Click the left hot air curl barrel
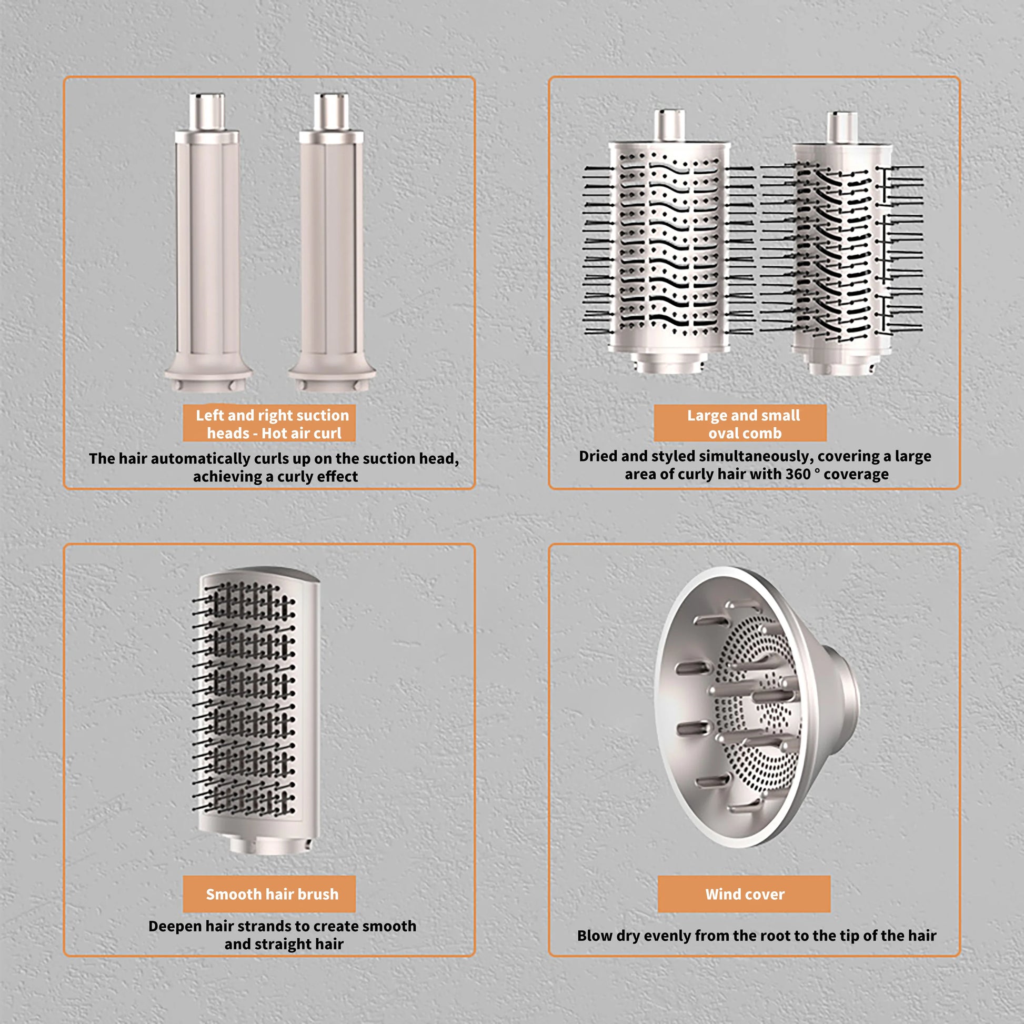click(207, 243)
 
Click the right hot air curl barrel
click(332, 243)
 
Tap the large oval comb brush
click(669, 241)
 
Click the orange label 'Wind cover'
click(744, 894)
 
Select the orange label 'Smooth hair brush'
click(269, 894)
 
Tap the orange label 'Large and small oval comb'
click(740, 423)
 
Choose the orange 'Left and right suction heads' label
click(269, 423)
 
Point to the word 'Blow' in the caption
click(594, 936)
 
